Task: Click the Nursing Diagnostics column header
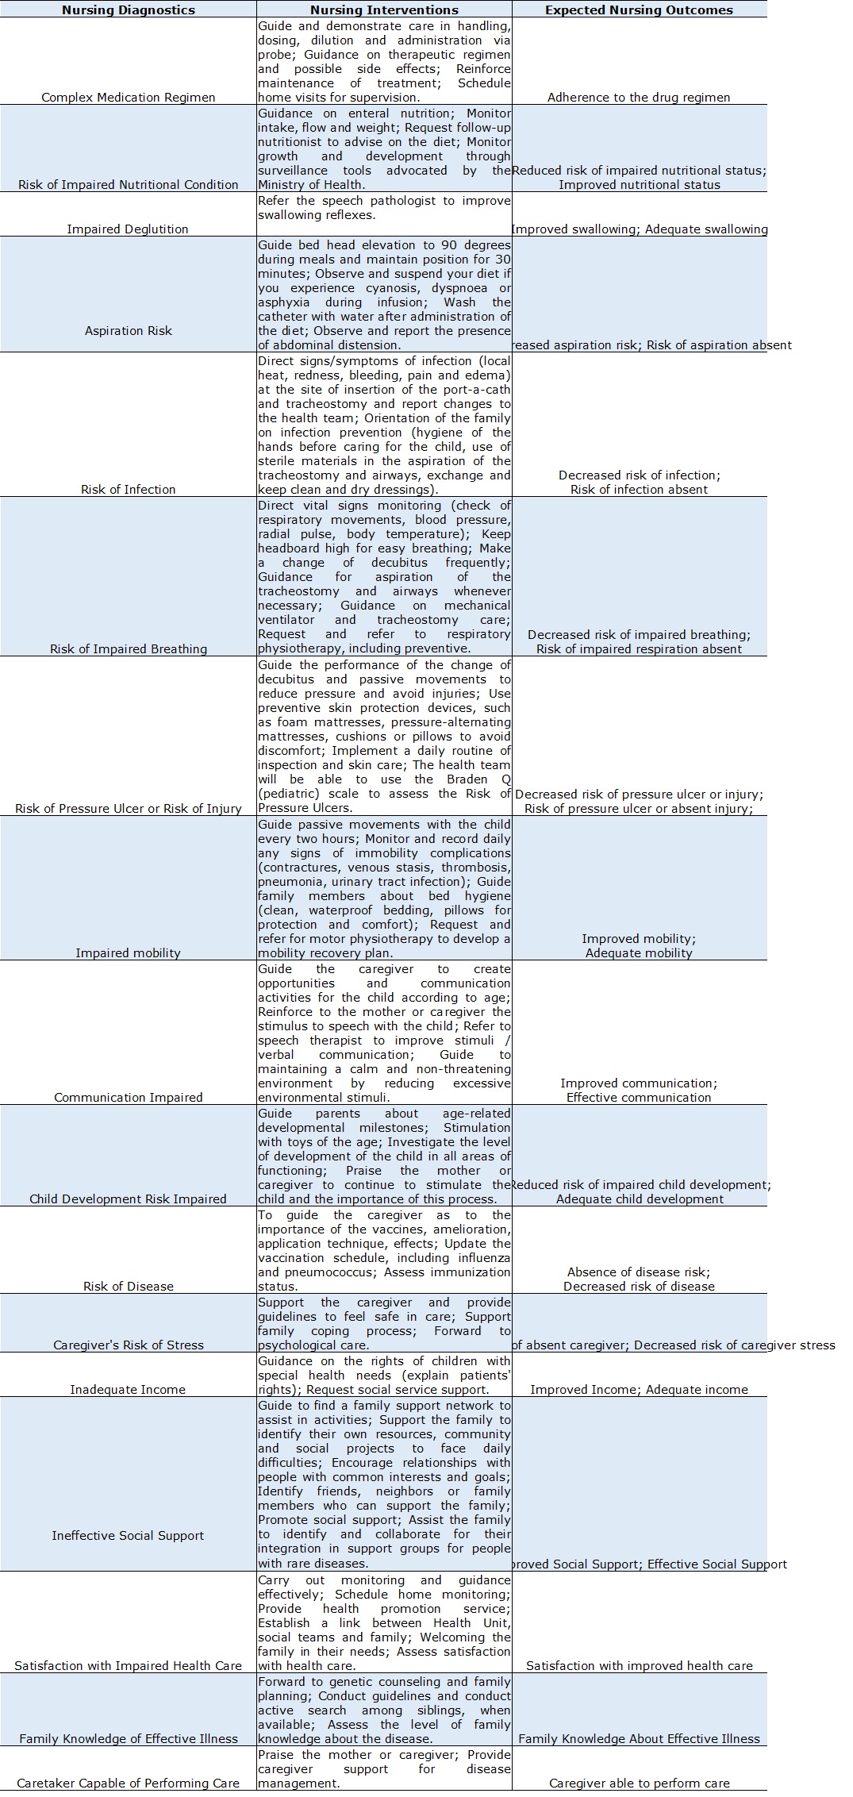coord(128,10)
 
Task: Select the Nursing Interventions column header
coord(384,10)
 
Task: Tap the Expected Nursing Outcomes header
coord(639,10)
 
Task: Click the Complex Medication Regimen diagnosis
coord(128,98)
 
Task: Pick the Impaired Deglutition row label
coord(128,229)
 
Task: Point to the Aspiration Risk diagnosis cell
coord(128,331)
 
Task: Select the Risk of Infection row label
coord(128,490)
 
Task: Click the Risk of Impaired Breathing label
coord(128,649)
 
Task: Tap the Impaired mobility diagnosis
coord(128,953)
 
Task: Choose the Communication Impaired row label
coord(128,1098)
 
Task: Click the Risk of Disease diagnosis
coord(128,1287)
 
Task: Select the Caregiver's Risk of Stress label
coord(128,1345)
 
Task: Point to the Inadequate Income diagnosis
coord(128,1390)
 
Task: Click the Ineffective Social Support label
coord(128,1536)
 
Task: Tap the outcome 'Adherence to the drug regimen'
coord(639,98)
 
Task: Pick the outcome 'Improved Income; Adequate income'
coord(639,1390)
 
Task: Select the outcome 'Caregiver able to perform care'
coord(639,1784)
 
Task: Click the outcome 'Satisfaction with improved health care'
coord(639,1666)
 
